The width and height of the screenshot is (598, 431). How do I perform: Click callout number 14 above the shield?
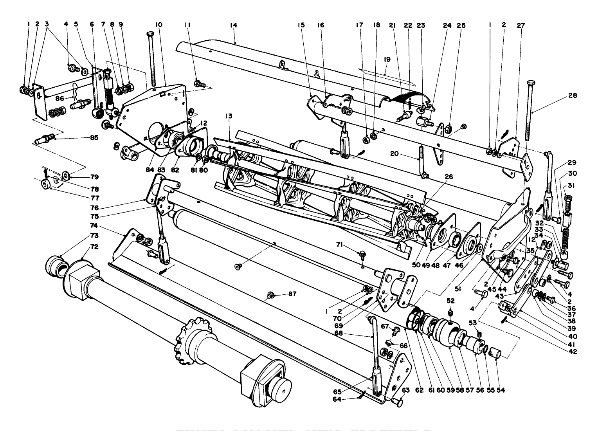[234, 25]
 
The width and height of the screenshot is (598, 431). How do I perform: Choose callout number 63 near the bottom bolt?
[406, 390]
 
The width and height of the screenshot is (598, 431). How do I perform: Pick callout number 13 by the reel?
[229, 116]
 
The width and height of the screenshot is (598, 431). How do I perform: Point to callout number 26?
[448, 177]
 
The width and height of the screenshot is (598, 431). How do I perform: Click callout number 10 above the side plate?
[158, 25]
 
